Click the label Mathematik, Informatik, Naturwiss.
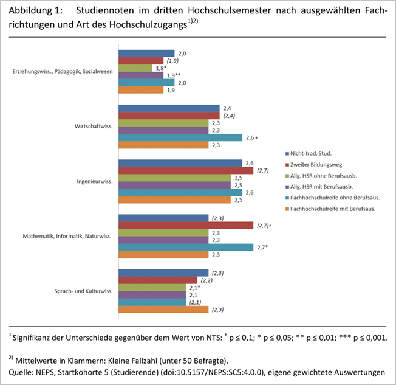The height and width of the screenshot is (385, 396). pyautogui.click(x=67, y=236)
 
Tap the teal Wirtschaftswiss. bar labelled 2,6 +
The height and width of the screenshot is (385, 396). pyautogui.click(x=180, y=138)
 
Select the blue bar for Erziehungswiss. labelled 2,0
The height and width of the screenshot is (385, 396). pyautogui.click(x=146, y=54)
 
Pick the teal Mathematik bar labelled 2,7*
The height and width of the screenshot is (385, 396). pyautogui.click(x=185, y=247)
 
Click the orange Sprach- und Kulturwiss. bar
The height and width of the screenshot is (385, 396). pyautogui.click(x=163, y=310)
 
